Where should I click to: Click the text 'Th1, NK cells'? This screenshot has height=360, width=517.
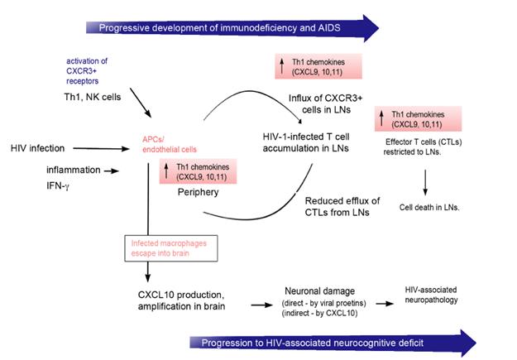[x=93, y=97]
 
